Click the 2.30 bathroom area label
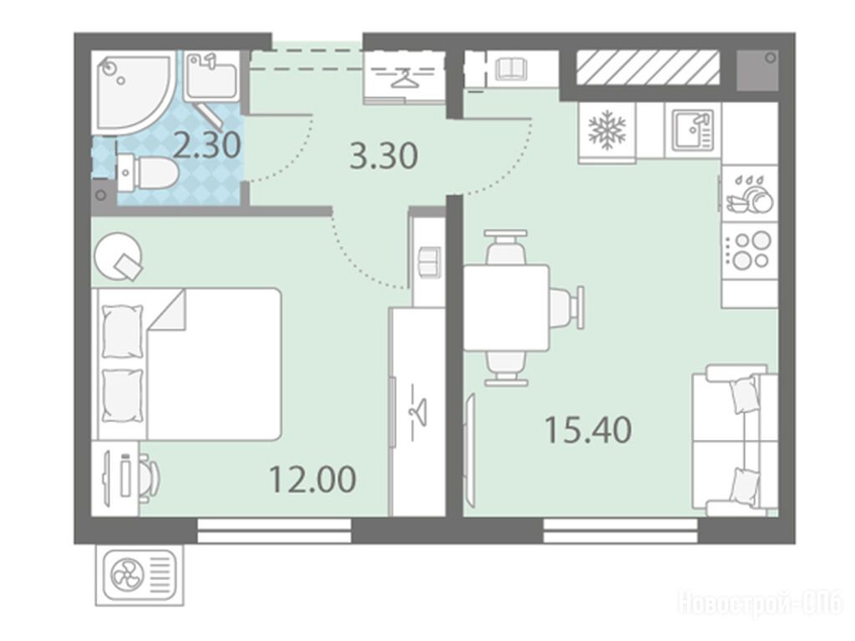[x=208, y=145]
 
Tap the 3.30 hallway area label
[x=384, y=155]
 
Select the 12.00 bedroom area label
[x=312, y=479]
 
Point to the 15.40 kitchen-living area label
[x=589, y=429]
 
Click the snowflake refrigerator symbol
[x=607, y=130]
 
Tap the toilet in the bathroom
[x=149, y=174]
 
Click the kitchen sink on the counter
[x=692, y=130]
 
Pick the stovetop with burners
[x=750, y=250]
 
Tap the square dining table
[x=506, y=308]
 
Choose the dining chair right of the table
[x=567, y=308]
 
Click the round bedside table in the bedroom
[x=118, y=256]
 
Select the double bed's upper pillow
[x=123, y=331]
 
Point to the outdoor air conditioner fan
[x=127, y=575]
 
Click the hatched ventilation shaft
[x=648, y=68]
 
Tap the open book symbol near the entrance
[x=511, y=69]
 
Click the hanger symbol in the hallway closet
[x=402, y=78]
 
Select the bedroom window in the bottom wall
[x=274, y=531]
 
